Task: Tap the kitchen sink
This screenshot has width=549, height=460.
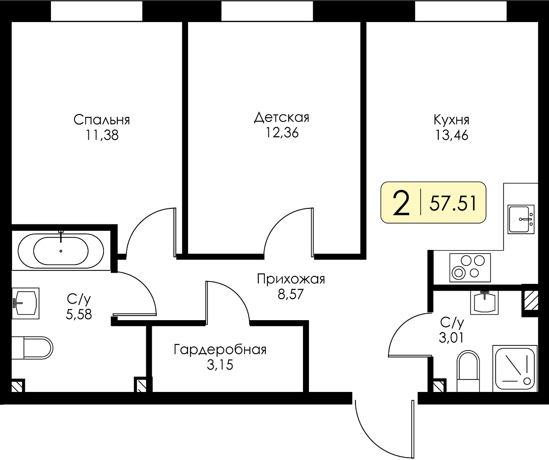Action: pos(521,219)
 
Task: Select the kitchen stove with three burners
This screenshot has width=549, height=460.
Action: pos(470,267)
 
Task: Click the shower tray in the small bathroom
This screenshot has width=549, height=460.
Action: pos(515,368)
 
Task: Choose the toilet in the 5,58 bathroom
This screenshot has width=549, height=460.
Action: pos(32,348)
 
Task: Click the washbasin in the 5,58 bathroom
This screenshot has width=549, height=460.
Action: pos(25,303)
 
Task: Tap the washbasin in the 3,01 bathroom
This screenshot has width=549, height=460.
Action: pos(485,302)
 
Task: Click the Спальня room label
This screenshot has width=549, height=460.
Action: pos(102,120)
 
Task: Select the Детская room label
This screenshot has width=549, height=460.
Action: pos(281,118)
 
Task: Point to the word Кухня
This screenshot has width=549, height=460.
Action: pos(452,120)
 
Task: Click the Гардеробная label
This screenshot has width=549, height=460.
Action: pos(220,350)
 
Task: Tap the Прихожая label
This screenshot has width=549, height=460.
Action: pos(291,279)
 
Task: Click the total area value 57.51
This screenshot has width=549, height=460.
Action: pos(453,203)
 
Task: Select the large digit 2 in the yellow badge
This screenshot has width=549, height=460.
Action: pos(401,203)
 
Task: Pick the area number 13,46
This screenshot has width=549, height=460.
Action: pos(452,135)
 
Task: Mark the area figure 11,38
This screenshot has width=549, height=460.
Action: pos(102,135)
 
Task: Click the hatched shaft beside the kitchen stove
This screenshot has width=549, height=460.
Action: pos(530,300)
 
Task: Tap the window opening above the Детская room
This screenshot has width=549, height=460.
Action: pos(268,11)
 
